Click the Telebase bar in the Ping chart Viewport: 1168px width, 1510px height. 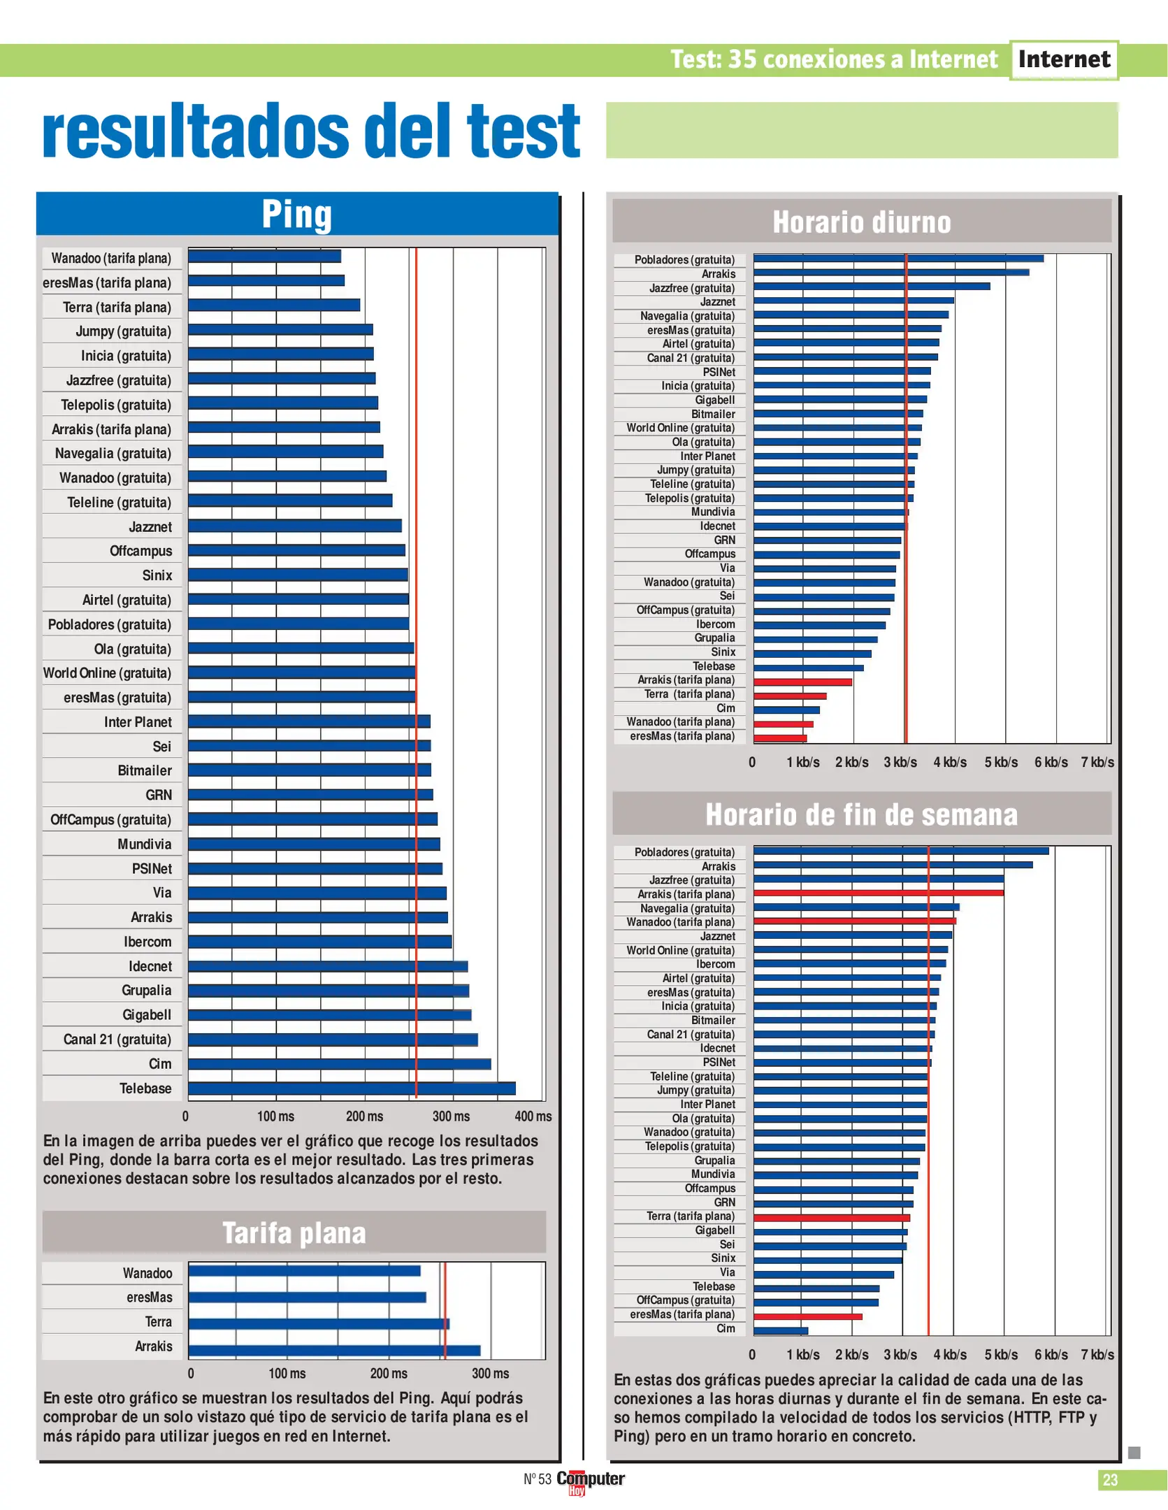pyautogui.click(x=352, y=1088)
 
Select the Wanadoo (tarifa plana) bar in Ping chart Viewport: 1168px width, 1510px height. pyautogui.click(x=264, y=257)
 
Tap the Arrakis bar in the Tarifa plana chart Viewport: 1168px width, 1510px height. pyautogui.click(x=334, y=1351)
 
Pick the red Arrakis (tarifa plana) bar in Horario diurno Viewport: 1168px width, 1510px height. pyautogui.click(x=802, y=682)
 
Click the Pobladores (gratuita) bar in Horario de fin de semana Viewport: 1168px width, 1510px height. pyautogui.click(x=900, y=851)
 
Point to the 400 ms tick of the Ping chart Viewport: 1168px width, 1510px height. pyautogui.click(x=533, y=1116)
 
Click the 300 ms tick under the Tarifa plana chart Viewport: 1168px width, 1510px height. pyautogui.click(x=490, y=1373)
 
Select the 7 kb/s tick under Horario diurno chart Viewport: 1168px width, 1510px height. pyautogui.click(x=1097, y=762)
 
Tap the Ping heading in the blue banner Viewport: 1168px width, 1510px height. pyautogui.click(x=296, y=214)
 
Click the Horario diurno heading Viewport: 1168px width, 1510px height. pyautogui.click(x=861, y=222)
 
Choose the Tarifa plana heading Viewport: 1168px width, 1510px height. pyautogui.click(x=294, y=1232)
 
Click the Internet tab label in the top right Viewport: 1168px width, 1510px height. pyautogui.click(x=1063, y=59)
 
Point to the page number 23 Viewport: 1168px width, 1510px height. pyautogui.click(x=1109, y=1479)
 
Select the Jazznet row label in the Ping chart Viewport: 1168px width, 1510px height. pyautogui.click(x=150, y=526)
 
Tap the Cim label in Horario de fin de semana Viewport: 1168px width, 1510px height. pyautogui.click(x=726, y=1328)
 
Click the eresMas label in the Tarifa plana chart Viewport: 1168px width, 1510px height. pyautogui.click(x=149, y=1297)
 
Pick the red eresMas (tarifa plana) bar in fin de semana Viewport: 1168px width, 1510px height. pyautogui.click(x=807, y=1316)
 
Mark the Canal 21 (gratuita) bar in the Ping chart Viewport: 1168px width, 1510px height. pyautogui.click(x=333, y=1040)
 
